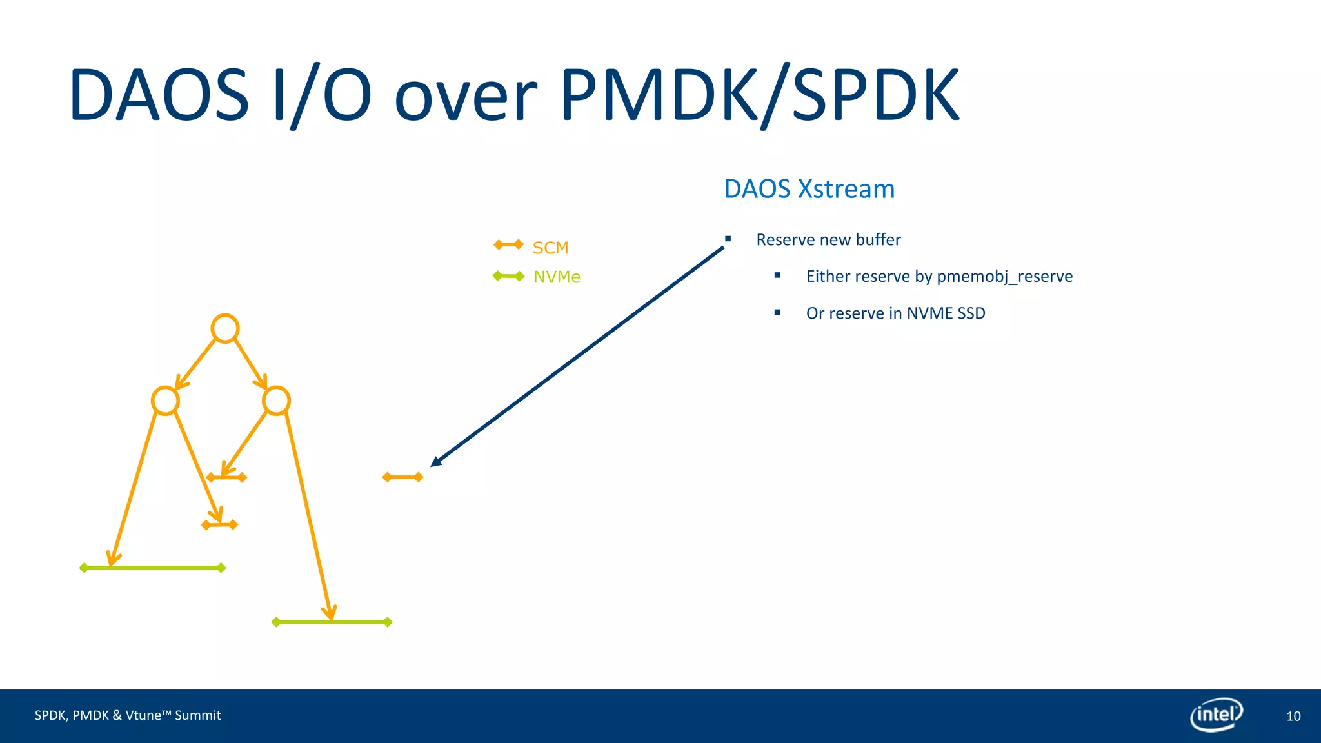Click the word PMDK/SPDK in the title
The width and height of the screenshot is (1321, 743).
[x=760, y=95]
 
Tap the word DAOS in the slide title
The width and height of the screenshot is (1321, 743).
[x=159, y=95]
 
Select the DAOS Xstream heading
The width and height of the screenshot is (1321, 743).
[x=809, y=189]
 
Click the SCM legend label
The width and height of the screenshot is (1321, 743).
[x=550, y=248]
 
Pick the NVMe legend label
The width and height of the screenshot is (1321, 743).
[x=557, y=277]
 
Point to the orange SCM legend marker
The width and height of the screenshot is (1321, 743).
[x=508, y=244]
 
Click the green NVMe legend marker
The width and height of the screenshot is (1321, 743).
[x=508, y=276]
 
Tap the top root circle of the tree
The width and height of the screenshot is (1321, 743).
[x=225, y=328]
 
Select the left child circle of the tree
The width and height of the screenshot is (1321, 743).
[x=165, y=401]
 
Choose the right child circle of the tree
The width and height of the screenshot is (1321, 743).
[x=276, y=401]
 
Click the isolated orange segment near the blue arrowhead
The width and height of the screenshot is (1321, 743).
[x=402, y=477]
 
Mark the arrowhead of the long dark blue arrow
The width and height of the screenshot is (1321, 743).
[x=435, y=461]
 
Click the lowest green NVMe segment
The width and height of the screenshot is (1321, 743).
[x=332, y=622]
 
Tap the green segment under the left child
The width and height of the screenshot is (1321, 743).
[x=152, y=568]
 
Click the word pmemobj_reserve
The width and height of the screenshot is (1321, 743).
[x=1004, y=277]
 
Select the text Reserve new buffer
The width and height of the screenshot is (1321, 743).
[x=828, y=240]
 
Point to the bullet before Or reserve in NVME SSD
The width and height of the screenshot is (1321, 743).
[x=777, y=312]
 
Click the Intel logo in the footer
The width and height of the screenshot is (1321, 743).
[x=1216, y=715]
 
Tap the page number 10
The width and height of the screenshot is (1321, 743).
[x=1293, y=716]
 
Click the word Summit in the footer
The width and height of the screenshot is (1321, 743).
[x=197, y=715]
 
